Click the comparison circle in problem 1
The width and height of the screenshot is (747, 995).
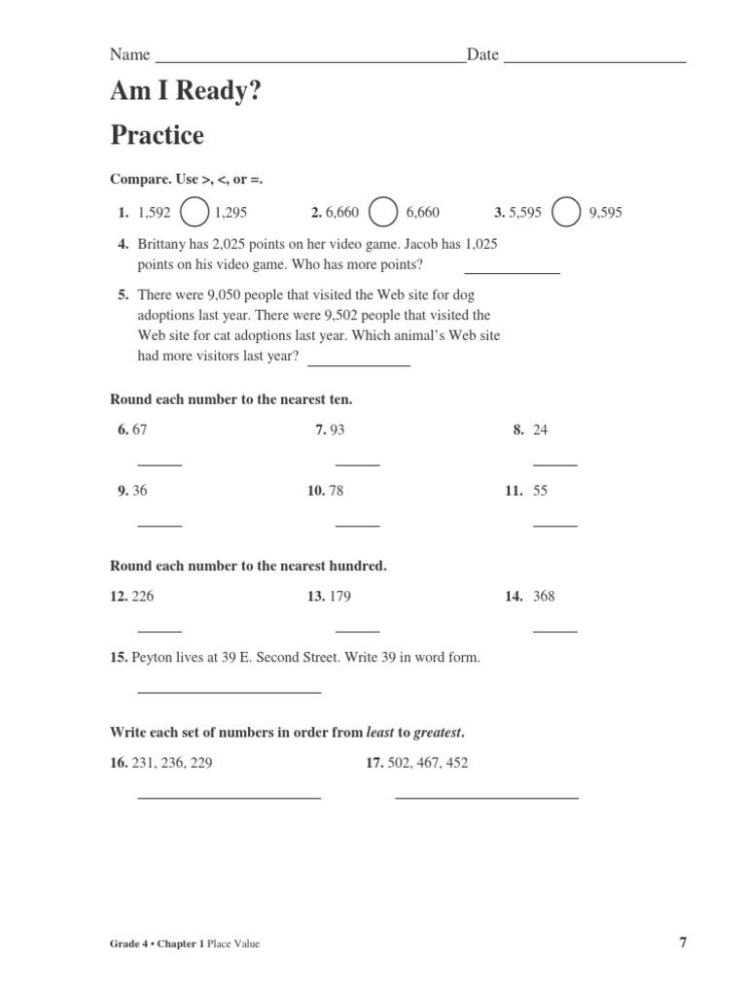[x=195, y=213]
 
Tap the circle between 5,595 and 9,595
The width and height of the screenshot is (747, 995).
[x=566, y=213]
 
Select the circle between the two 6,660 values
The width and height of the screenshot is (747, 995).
[x=383, y=213]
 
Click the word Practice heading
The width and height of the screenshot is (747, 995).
[x=158, y=135]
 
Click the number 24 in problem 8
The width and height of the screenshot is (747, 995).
[x=541, y=429]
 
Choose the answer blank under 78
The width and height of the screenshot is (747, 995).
[x=357, y=525]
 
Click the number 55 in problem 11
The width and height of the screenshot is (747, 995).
[x=541, y=491]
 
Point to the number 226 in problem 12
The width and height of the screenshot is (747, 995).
[x=142, y=596]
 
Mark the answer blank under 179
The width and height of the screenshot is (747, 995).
[x=357, y=631]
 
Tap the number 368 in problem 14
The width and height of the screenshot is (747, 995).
[x=544, y=596]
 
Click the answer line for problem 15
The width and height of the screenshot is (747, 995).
[x=230, y=692]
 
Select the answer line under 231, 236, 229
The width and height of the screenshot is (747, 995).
[x=230, y=797]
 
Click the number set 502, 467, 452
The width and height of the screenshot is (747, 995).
[x=427, y=763]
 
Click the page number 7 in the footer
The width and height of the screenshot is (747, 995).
[x=683, y=942]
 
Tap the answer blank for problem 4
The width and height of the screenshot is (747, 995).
[x=512, y=273]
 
